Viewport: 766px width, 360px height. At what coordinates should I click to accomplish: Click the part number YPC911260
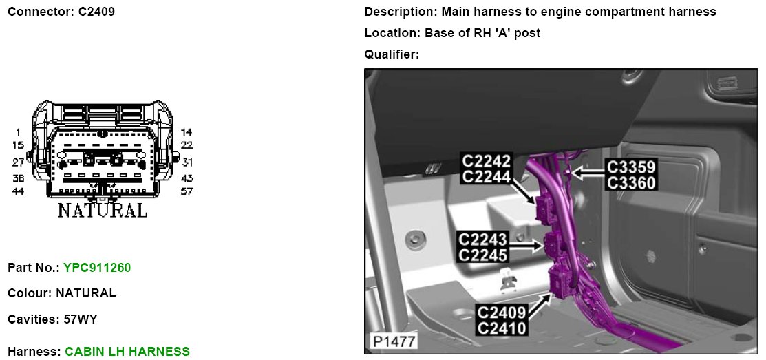point(97,268)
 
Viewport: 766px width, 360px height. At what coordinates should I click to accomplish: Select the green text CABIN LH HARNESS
point(127,351)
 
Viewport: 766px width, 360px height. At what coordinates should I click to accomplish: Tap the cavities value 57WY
point(81,319)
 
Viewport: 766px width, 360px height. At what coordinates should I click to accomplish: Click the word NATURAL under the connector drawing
point(102,210)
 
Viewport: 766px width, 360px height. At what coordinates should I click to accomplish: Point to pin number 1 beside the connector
point(18,132)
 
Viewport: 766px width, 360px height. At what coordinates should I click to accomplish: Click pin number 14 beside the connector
point(187,132)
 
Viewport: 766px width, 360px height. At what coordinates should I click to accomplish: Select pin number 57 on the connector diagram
point(187,191)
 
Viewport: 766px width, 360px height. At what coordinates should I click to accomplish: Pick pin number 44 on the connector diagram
point(18,191)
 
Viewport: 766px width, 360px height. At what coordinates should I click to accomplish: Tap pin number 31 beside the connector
point(187,162)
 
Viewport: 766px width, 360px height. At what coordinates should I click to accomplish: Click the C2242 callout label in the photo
point(487,160)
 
